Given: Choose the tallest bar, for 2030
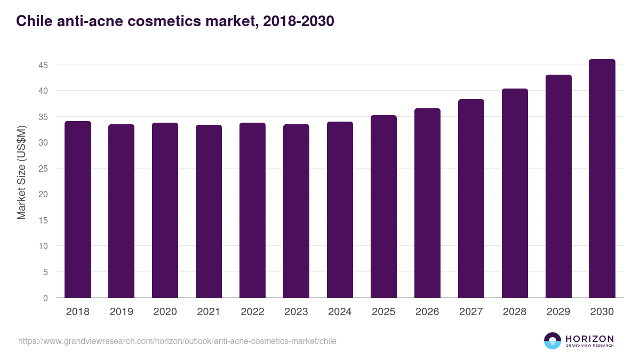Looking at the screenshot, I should [x=602, y=179].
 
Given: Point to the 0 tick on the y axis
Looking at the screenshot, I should [x=45, y=298].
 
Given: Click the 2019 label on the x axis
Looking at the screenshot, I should [x=122, y=312].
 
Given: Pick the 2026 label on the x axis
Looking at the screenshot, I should [x=427, y=312].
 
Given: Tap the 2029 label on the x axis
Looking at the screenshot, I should [x=558, y=312].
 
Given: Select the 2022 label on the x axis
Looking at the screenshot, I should [x=252, y=312].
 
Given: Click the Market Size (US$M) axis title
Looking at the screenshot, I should [x=21, y=173].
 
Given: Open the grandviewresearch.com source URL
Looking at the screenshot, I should [x=177, y=341].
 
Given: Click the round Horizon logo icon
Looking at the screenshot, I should [x=553, y=341].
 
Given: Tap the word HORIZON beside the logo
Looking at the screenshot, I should [x=589, y=338].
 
